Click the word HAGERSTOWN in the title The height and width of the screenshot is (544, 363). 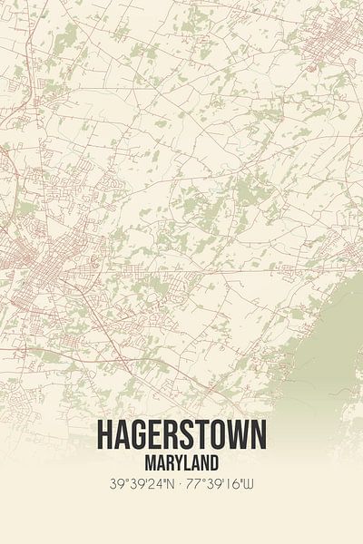point(181,435)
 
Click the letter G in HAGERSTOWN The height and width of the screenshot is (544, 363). point(140,435)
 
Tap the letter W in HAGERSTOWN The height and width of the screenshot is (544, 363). point(235,435)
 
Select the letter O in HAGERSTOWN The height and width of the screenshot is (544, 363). point(215,435)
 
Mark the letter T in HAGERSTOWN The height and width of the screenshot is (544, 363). point(200,435)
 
